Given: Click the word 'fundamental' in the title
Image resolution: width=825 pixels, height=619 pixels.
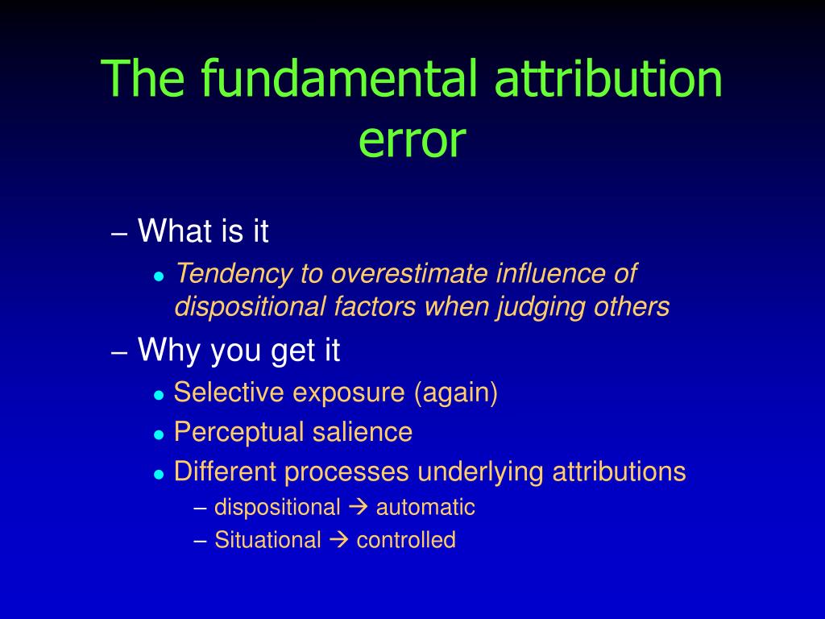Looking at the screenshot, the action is coord(339,78).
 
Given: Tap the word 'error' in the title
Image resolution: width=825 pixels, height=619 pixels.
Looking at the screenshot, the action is coord(412,141).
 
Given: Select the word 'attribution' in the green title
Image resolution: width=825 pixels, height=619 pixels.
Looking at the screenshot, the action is coord(608,78).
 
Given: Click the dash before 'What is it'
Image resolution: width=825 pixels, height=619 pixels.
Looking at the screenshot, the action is coord(119,234).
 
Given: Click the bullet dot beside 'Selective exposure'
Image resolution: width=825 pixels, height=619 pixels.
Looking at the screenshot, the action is coord(159,395).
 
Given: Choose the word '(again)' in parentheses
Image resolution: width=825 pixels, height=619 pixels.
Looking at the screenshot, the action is coord(456,393).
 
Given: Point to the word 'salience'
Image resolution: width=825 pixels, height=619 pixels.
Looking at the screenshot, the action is coord(362,432).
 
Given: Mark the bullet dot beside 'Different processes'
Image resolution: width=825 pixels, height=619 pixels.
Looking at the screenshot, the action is coord(159,474).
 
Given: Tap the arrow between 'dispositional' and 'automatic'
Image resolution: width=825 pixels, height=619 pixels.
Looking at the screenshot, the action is coord(358,508).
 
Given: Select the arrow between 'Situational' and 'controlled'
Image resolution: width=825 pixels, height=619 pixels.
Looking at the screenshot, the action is coord(339,540).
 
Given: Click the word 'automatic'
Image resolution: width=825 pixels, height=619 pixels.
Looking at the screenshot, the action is coord(425,508).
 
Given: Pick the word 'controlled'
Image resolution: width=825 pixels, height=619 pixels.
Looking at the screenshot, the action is coord(406,540).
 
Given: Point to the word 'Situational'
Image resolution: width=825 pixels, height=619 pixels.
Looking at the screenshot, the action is coord(267,540).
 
